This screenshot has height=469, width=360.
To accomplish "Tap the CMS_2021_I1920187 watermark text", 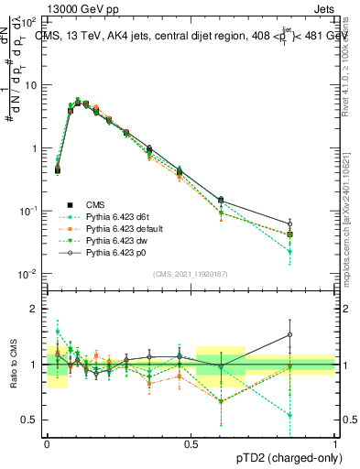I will (190, 274).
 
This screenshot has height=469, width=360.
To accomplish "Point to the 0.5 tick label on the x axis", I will (191, 442).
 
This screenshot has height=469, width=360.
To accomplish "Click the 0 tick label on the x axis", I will (48, 442).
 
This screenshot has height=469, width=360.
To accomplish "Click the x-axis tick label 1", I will (335, 442).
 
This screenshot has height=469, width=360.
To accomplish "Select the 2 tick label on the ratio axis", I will (34, 309).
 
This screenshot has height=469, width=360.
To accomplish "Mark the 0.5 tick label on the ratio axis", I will (29, 420).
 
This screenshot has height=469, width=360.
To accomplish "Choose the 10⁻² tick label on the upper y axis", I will (29, 274).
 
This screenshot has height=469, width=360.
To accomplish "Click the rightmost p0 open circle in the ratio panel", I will (315, 334).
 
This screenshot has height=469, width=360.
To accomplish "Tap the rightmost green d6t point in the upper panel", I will (315, 251).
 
